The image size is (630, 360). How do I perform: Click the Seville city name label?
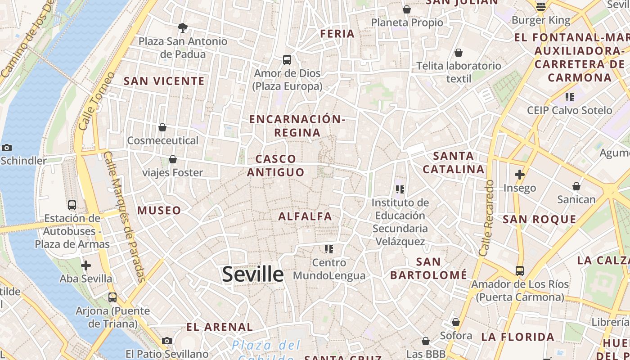point(252,274)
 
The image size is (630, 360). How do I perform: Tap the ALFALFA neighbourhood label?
point(305,216)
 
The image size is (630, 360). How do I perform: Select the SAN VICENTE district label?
point(164,81)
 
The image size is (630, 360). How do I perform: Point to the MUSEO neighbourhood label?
point(159,210)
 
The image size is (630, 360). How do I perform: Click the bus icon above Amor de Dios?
point(287,59)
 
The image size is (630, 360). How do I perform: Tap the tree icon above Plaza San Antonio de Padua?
point(183,28)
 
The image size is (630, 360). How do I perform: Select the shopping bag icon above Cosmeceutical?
point(162,127)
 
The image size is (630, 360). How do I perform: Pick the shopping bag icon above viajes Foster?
point(172,159)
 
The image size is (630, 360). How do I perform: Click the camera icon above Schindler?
point(7,148)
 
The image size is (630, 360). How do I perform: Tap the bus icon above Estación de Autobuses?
point(72,205)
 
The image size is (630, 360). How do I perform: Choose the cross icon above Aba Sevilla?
point(86,265)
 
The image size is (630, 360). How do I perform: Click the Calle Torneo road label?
point(94,101)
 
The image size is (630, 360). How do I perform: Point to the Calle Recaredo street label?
point(487,218)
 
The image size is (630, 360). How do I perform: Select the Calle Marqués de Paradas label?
point(125,216)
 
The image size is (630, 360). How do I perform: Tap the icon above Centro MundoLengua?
point(329,249)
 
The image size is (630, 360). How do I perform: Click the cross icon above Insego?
point(520,175)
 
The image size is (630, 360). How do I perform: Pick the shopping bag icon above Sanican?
point(576,186)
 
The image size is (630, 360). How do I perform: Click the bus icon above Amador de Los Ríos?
point(520,271)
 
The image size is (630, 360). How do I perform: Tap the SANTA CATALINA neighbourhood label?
point(454,163)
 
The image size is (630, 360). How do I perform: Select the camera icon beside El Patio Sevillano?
point(167,341)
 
